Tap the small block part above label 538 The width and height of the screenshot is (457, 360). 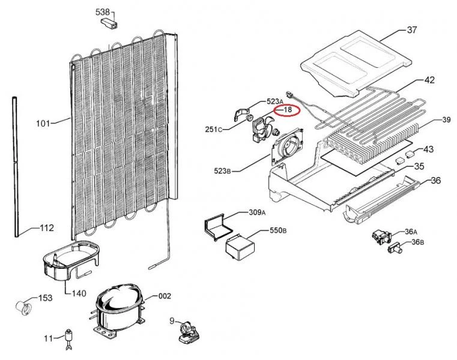[109, 23]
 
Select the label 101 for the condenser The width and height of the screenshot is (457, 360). [43, 124]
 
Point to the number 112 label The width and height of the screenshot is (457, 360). [47, 228]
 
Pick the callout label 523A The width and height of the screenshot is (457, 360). [274, 101]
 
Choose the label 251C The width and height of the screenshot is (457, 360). [213, 129]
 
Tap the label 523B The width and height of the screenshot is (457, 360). [222, 172]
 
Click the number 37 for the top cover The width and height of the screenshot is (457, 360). [411, 30]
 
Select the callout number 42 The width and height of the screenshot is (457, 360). [429, 80]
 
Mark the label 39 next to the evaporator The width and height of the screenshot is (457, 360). [446, 120]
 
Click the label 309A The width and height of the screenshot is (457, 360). [256, 212]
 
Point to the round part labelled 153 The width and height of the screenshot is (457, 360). [23, 307]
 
